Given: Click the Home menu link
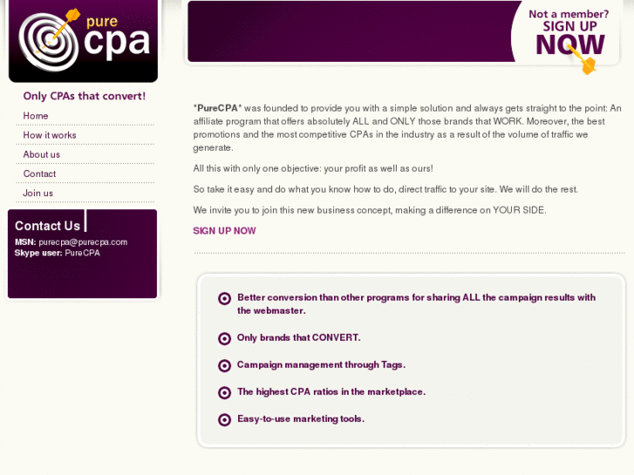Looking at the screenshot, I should click(x=36, y=116).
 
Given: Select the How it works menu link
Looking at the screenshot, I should click(x=50, y=135).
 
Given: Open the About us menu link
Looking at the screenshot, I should click(x=42, y=154).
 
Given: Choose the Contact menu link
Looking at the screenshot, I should click(x=39, y=173).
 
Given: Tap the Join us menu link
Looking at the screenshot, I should click(x=38, y=193).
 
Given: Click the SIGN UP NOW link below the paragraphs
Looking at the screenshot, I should click(x=224, y=231).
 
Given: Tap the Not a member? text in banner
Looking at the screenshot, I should click(x=569, y=14).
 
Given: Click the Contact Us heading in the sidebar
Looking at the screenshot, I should click(x=47, y=226).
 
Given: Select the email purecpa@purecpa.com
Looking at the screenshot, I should click(x=83, y=242).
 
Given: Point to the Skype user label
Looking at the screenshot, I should click(x=38, y=253).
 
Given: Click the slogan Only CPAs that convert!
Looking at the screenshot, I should click(x=84, y=96).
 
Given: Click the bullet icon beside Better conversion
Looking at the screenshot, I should click(x=224, y=298).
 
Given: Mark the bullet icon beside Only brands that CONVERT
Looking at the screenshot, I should click(x=224, y=338).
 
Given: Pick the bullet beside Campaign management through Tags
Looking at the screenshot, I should click(x=224, y=365).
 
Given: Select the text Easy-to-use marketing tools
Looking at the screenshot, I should click(x=300, y=418).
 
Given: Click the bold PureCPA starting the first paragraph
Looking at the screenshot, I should click(x=217, y=108).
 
